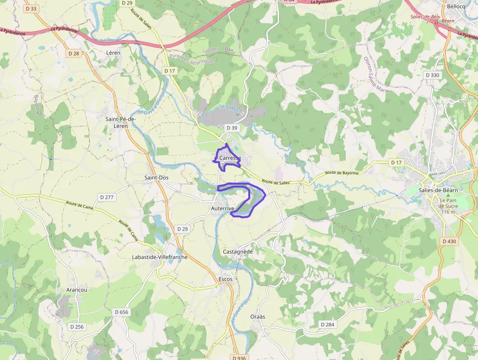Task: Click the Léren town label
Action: (113, 52)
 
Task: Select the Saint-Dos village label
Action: (157, 178)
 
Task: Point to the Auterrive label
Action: (222, 208)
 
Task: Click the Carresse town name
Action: (230, 158)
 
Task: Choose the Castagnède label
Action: (238, 252)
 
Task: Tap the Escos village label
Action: (226, 279)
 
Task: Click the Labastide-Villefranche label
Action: (159, 257)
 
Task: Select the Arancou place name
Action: (77, 290)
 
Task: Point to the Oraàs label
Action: (258, 317)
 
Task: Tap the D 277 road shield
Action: (106, 197)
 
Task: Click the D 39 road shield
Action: (231, 128)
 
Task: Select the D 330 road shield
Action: (432, 75)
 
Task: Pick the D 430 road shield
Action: (449, 241)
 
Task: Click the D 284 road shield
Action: (328, 324)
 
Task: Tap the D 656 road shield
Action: (121, 312)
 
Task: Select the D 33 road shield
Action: (32, 9)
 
